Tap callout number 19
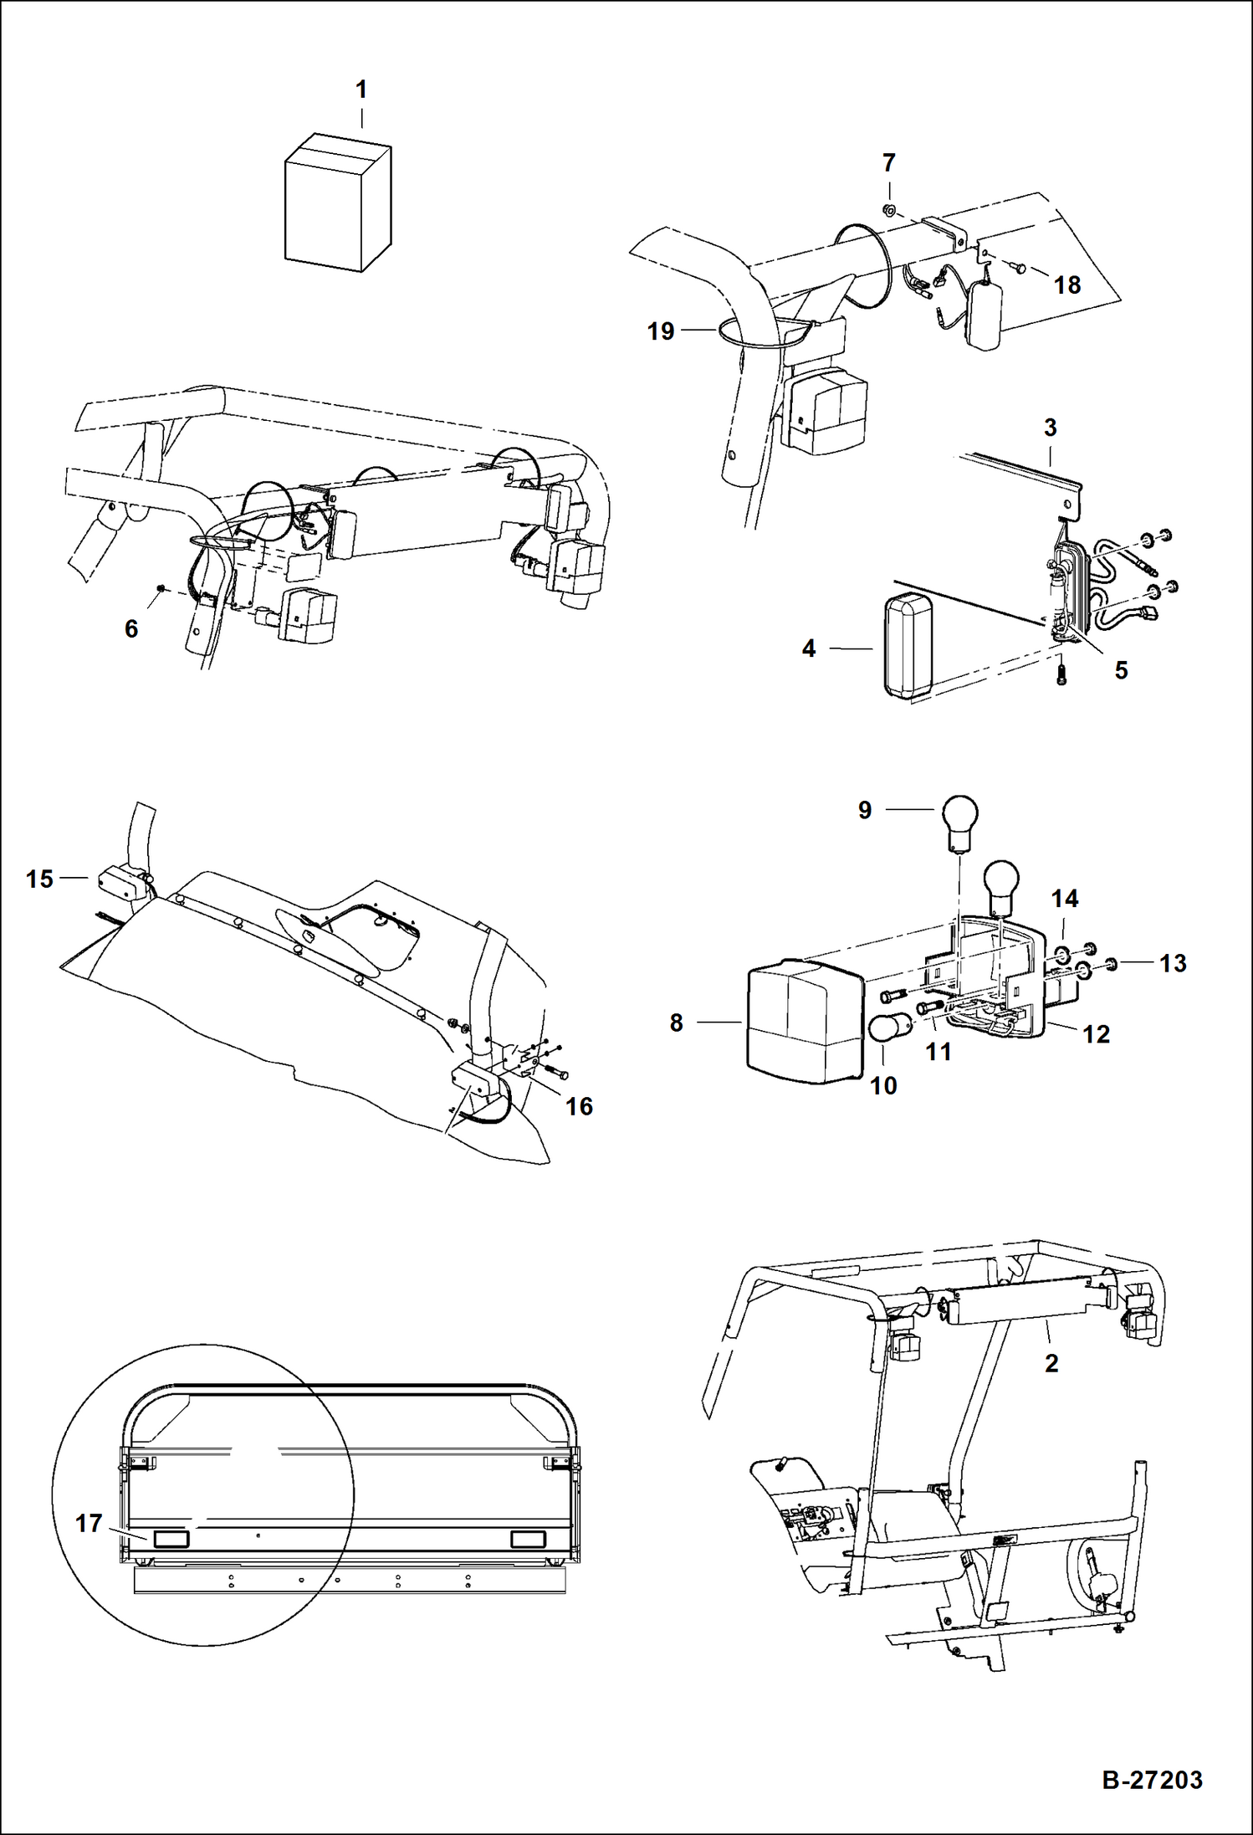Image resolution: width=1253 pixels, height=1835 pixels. [661, 332]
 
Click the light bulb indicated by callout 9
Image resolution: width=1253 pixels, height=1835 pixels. [959, 818]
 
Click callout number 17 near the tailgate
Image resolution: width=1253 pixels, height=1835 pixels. [89, 1524]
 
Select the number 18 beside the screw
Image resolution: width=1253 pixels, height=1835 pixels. [1066, 285]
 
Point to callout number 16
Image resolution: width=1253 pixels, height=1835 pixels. [579, 1106]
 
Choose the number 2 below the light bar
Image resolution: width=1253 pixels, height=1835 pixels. [1051, 1363]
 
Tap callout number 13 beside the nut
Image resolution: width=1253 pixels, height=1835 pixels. [1173, 963]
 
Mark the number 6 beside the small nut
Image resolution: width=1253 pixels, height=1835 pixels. [131, 629]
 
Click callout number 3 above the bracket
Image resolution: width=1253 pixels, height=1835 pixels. [1051, 428]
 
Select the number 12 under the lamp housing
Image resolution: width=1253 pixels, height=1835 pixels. [1096, 1034]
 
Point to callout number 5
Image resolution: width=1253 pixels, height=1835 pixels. [1121, 670]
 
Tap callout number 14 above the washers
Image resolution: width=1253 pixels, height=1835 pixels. [1064, 899]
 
